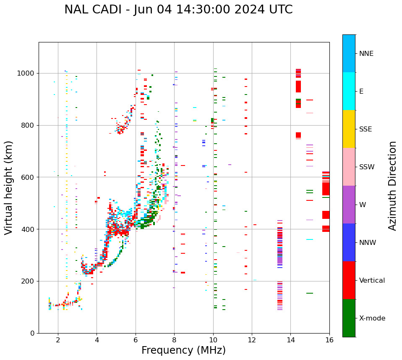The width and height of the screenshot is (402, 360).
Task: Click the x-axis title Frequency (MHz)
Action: click(183, 350)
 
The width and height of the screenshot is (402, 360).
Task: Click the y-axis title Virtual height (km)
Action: click(9, 187)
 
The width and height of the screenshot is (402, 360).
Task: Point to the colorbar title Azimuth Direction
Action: click(392, 185)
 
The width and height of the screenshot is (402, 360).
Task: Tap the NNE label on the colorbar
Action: click(366, 54)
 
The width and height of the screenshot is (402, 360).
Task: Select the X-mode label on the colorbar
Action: click(372, 318)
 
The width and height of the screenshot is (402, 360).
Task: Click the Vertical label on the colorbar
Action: click(372, 281)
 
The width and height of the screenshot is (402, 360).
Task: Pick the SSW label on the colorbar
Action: click(367, 167)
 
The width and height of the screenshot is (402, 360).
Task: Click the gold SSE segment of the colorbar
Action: click(349, 129)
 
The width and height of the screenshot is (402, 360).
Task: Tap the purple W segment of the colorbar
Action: click(349, 205)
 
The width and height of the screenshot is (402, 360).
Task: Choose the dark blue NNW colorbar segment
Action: click(349, 242)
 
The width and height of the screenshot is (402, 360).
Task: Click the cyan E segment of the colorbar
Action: click(349, 91)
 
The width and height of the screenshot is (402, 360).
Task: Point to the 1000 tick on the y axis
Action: click(26, 73)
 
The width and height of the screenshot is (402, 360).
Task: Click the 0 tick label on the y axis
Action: click(32, 333)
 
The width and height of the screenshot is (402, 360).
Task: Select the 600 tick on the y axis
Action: click(29, 177)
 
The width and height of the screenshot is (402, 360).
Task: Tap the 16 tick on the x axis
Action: click(329, 340)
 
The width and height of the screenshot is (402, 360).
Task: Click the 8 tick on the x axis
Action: click(174, 340)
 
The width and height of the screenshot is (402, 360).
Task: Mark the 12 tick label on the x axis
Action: click(252, 340)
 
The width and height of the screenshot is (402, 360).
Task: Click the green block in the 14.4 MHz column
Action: click(298, 101)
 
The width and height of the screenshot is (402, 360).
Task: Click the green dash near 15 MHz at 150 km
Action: click(310, 293)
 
